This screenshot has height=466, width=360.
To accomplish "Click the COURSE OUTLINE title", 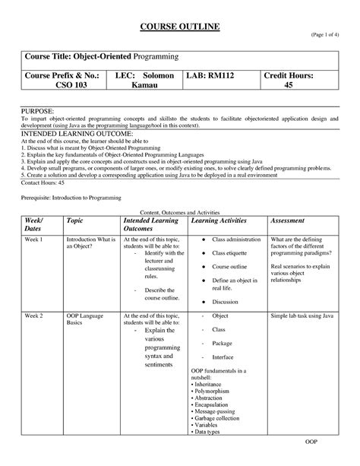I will click(x=180, y=27).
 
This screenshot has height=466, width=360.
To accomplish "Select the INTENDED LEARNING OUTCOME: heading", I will click(x=65, y=135).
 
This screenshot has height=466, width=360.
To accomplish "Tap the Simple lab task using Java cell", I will click(x=303, y=314).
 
